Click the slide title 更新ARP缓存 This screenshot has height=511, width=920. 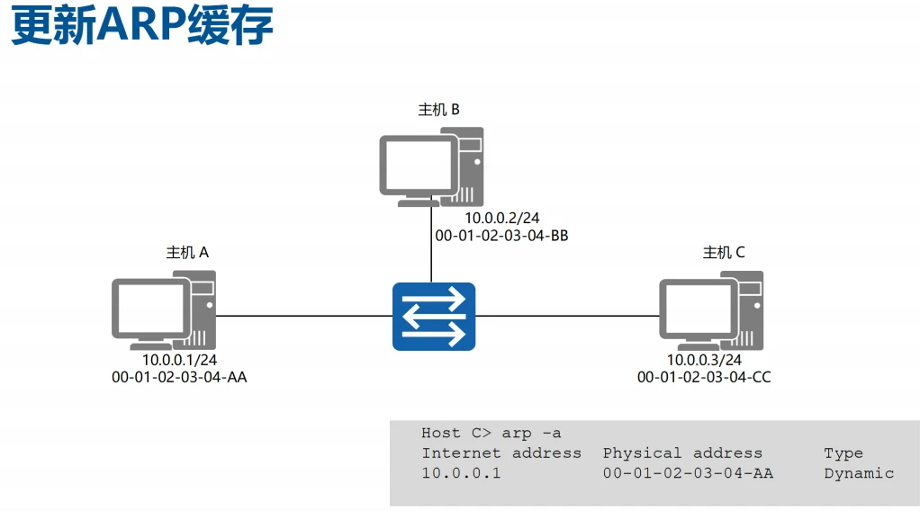pyautogui.click(x=141, y=26)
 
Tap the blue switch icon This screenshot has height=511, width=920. pyautogui.click(x=433, y=316)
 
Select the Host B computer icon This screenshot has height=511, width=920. pyautogui.click(x=430, y=166)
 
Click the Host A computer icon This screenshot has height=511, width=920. pyautogui.click(x=163, y=309)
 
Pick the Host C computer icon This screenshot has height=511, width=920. pyautogui.click(x=710, y=310)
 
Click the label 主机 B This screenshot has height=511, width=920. pyautogui.click(x=438, y=110)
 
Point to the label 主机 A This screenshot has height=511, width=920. pyautogui.click(x=187, y=253)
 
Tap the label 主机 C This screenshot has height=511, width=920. pyautogui.click(x=724, y=253)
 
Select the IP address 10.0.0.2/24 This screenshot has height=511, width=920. pyautogui.click(x=501, y=219)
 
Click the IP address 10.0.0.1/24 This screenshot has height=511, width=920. pyautogui.click(x=179, y=360)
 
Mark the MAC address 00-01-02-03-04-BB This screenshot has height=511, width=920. pyautogui.click(x=501, y=236)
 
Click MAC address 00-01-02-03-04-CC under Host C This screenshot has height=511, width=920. pyautogui.click(x=704, y=377)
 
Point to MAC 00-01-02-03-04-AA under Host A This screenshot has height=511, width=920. pyautogui.click(x=179, y=377)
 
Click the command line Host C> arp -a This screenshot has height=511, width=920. pyautogui.click(x=491, y=433)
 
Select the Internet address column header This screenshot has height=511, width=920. pyautogui.click(x=501, y=453)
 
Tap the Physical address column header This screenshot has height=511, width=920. pyautogui.click(x=682, y=453)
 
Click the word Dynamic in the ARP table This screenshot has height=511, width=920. pyautogui.click(x=859, y=473)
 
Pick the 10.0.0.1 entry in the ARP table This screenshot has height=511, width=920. pyautogui.click(x=461, y=473)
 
